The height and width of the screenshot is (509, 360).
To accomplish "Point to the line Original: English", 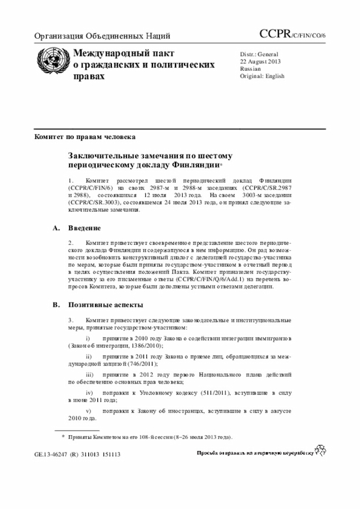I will tap(262, 76).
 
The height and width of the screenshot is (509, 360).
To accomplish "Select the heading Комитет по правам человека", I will tap(84, 137).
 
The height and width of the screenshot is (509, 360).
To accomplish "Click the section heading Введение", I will tap(84, 228).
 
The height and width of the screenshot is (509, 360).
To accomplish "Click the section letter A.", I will tap(56, 228).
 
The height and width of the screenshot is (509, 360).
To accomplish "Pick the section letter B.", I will tap(56, 305).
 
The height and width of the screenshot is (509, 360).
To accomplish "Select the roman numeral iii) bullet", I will tap(89, 374).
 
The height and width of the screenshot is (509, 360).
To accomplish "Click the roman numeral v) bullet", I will tap(88, 411).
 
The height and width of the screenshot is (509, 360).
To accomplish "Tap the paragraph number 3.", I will tap(70, 320).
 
